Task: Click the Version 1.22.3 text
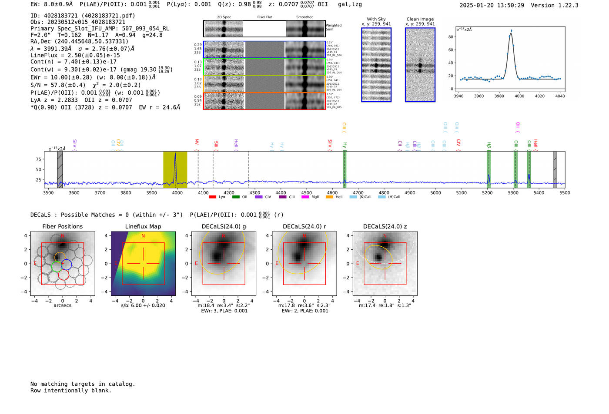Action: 561,5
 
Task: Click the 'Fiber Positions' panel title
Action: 62,226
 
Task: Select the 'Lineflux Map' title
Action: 143,226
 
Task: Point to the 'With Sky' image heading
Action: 376,19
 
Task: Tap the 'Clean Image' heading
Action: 420,19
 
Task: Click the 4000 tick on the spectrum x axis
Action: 177,192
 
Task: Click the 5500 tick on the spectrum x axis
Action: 565,192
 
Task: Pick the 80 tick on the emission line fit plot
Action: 451,37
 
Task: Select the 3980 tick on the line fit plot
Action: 499,96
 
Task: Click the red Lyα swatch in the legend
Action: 212,197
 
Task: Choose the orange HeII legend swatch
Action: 329,197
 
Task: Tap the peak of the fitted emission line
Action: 511,31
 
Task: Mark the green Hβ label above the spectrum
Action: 489,145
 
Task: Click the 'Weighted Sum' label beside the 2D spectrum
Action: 333,27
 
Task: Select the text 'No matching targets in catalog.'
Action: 83,384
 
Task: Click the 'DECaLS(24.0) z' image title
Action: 385,226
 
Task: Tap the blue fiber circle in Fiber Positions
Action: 66,264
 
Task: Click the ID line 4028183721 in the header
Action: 83,16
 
